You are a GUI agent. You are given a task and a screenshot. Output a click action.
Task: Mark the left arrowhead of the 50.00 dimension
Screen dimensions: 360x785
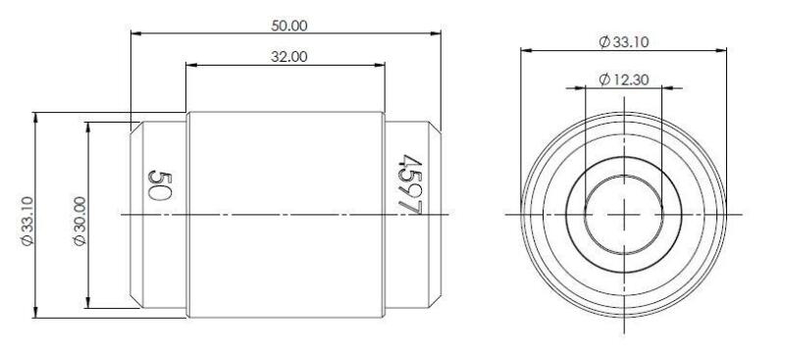(x=136, y=35)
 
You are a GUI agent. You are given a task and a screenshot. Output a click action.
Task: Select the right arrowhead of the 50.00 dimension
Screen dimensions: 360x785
(x=435, y=35)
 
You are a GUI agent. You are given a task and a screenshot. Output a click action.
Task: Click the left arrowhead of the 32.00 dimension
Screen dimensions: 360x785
(x=191, y=67)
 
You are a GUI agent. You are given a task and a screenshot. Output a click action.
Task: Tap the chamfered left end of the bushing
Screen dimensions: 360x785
(x=138, y=214)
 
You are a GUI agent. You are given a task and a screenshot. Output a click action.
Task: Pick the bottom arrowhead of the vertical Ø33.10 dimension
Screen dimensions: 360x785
(x=36, y=312)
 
